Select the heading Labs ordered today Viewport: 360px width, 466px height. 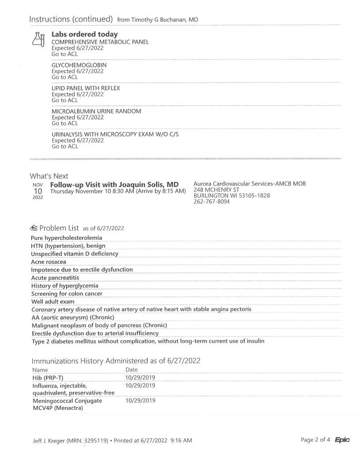tap(84, 34)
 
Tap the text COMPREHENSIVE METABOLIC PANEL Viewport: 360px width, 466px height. tap(100, 42)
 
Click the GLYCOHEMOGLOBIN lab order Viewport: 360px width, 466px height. tap(79, 65)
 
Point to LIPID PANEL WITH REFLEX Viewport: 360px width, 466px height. tap(86, 88)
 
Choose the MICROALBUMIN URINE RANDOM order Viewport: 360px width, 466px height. tap(96, 111)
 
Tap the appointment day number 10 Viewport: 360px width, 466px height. tap(38, 191)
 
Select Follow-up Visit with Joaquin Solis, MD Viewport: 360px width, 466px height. tap(114, 184)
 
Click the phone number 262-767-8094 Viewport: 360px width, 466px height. tap(212, 201)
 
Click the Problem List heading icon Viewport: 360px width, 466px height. tap(34, 228)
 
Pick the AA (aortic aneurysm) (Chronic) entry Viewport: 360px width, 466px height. tap(73, 317)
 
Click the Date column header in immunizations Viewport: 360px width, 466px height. tap(132, 369)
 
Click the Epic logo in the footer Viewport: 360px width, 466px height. tap(342, 439)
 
